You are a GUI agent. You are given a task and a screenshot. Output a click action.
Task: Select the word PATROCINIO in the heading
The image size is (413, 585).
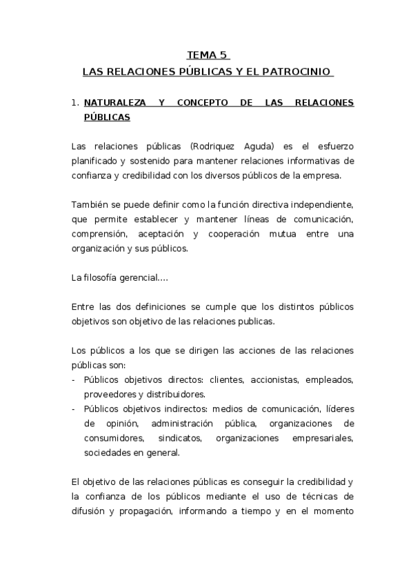pos(302,71)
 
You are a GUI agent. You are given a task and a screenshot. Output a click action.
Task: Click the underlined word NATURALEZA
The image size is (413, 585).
pos(115,103)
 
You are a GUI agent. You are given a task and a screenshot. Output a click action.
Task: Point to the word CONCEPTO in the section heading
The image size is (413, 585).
pos(203,103)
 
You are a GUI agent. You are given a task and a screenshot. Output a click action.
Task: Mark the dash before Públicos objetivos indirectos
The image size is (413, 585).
pos(74,408)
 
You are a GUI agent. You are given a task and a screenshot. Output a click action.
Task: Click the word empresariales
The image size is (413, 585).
pos(321,438)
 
